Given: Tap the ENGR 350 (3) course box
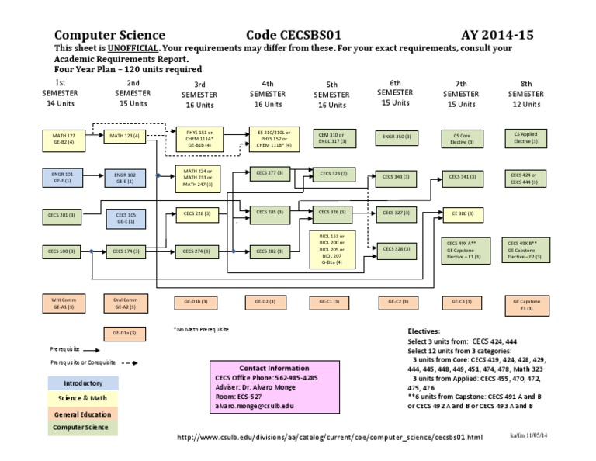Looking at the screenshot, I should [x=397, y=137].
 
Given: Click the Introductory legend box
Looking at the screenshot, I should [x=82, y=383].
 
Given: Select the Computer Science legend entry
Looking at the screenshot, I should [x=82, y=427].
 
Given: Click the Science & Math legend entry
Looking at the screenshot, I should [x=82, y=397].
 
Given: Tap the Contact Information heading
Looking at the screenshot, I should [x=274, y=368].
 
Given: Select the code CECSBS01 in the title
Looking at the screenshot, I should [x=300, y=35].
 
